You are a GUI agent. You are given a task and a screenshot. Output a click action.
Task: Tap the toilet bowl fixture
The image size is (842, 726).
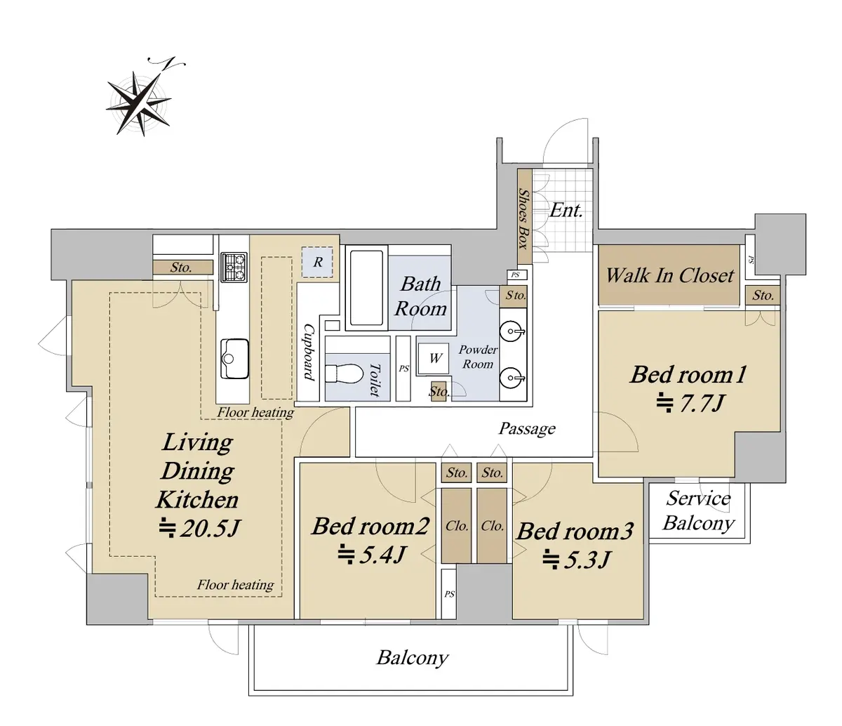coord(345,374)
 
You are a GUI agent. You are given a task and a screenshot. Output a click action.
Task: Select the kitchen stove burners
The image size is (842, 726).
coord(234,267)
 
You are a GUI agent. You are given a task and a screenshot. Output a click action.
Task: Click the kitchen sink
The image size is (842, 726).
coord(234,359)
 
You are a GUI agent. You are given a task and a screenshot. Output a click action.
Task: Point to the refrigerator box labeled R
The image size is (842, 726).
coord(317,262)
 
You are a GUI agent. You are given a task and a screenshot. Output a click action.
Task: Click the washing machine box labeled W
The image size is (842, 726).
coord(434,358)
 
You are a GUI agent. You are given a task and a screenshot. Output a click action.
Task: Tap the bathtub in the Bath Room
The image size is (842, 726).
coord(366,288)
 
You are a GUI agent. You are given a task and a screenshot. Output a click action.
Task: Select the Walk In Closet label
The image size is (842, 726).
coord(669,275)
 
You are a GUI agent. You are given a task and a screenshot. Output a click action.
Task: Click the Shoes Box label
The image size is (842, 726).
coord(523,218)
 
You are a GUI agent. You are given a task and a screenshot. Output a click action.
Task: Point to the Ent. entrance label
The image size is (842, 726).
coord(566,211)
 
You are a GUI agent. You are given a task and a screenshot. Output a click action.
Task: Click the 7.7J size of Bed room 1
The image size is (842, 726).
coord(690,404)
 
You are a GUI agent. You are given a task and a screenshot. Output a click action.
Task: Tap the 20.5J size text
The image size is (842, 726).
coord(199,528)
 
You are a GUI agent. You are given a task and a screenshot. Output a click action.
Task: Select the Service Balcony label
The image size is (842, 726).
coord(698,510)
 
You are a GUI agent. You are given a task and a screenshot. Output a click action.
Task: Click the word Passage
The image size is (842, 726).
coord(527,428)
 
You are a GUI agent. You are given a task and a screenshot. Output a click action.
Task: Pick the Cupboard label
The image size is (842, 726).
coord(309,352)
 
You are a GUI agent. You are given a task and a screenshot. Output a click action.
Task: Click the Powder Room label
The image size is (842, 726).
coord(477,357)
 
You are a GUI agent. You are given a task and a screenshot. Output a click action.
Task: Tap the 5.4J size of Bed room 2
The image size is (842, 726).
coord(371,555)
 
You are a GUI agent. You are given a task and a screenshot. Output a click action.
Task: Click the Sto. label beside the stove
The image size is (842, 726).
coord(181,268)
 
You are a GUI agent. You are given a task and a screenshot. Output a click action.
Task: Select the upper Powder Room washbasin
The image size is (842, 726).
coord(512,332)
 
